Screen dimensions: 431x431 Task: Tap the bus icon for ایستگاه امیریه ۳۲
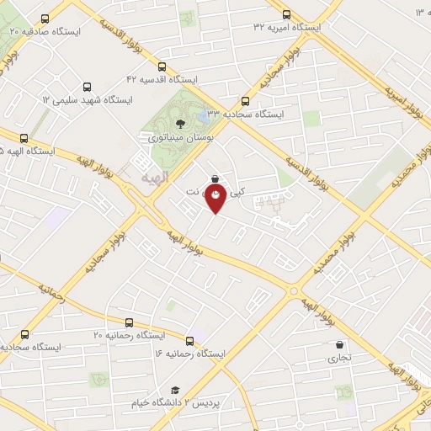click(286, 14)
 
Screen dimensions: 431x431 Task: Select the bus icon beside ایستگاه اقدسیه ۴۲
click(162, 67)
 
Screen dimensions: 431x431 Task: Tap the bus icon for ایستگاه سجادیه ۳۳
click(245, 99)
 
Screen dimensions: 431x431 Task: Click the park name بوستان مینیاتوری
click(180, 136)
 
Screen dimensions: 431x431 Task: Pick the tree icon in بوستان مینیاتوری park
click(181, 124)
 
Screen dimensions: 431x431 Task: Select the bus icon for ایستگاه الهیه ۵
click(23, 140)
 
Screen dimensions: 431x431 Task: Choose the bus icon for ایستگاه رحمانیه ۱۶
click(189, 341)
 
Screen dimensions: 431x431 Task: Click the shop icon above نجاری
click(339, 344)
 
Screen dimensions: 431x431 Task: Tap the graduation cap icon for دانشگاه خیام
click(175, 390)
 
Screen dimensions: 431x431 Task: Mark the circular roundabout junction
click(294, 292)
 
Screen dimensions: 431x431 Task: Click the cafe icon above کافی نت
click(217, 178)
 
